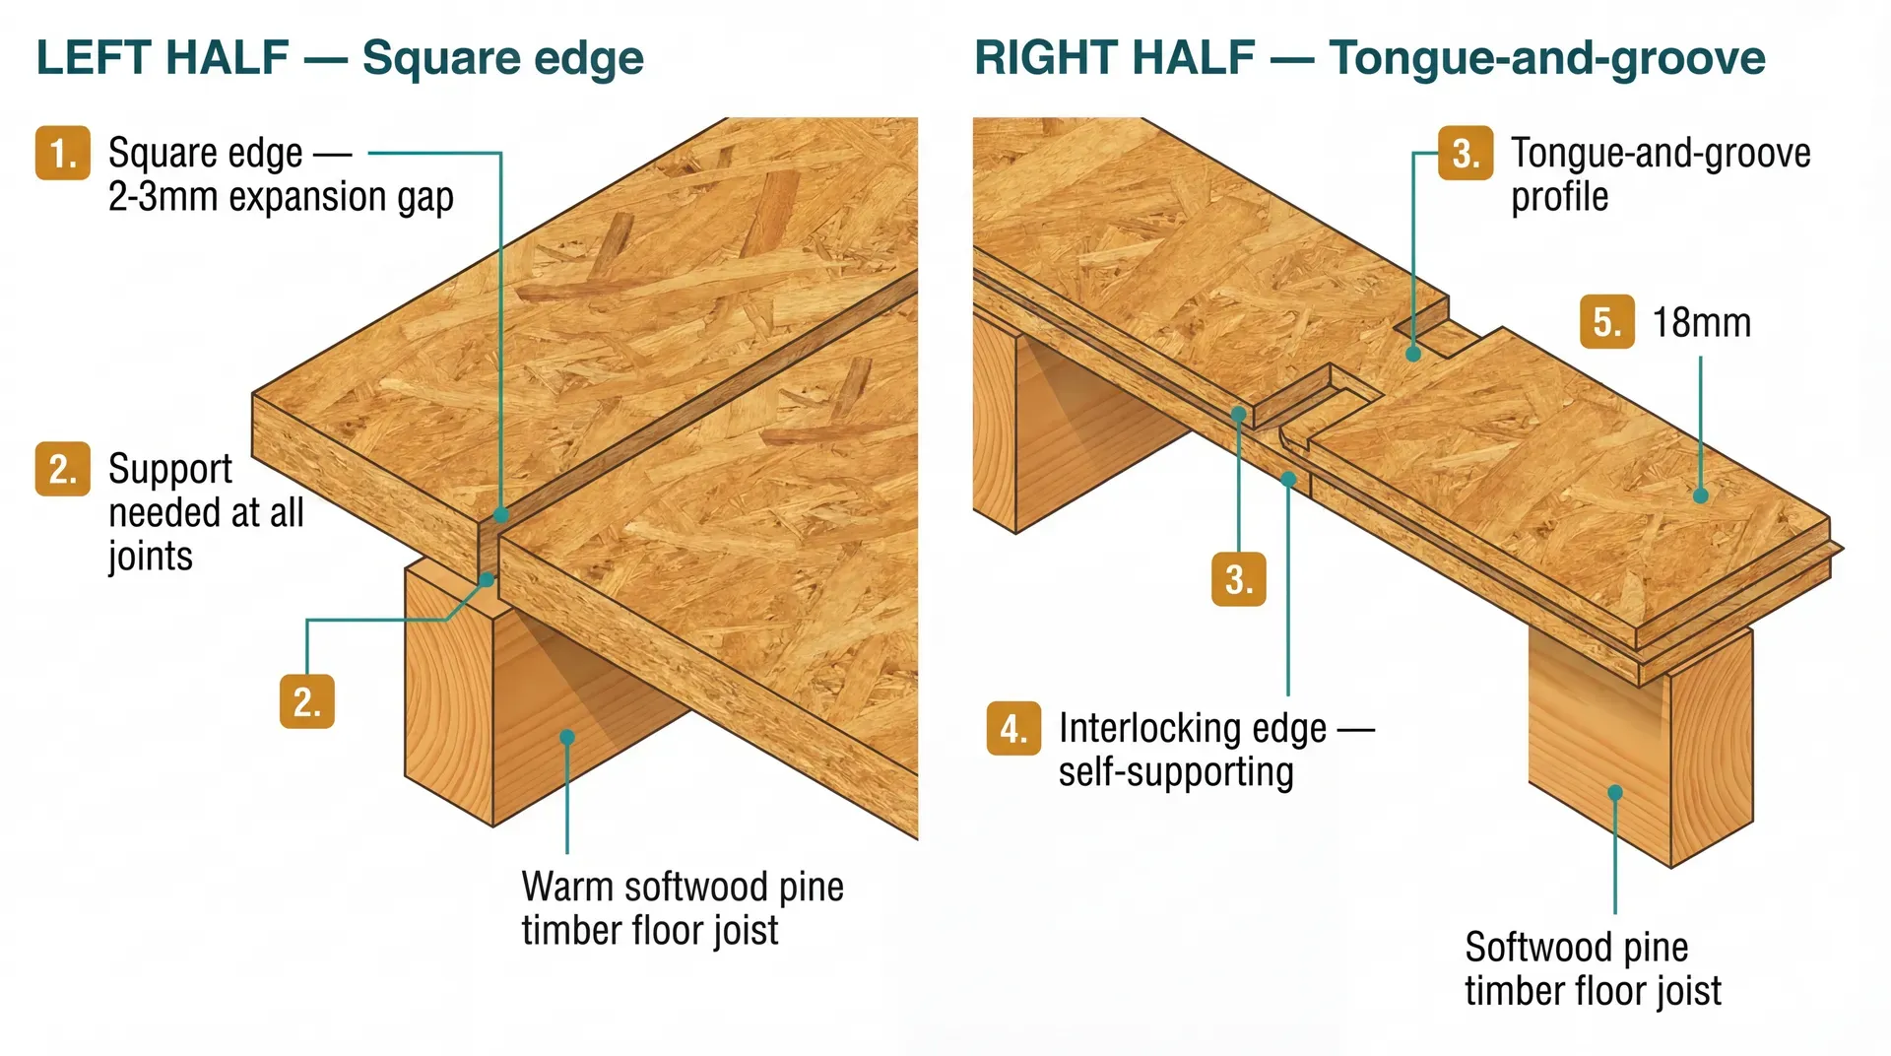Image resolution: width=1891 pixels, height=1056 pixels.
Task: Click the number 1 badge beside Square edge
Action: point(63,154)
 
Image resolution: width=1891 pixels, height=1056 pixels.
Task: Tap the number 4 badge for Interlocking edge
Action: point(1013,729)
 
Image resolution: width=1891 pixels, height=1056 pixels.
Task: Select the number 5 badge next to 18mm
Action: point(1606,322)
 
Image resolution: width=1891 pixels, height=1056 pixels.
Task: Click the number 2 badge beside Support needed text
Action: point(63,469)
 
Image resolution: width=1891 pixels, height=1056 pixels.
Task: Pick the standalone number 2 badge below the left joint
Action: point(307,701)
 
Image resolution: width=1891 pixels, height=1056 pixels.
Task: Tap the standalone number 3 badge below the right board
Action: point(1238,578)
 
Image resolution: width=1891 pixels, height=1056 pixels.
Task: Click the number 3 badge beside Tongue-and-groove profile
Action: point(1465,154)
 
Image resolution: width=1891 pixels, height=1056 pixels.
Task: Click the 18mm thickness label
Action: point(1701,323)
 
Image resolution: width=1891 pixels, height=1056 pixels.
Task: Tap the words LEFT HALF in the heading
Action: point(163,58)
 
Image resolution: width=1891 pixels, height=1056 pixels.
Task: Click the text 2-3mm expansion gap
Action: point(281,197)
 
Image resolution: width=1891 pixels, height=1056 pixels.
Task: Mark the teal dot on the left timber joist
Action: point(567,737)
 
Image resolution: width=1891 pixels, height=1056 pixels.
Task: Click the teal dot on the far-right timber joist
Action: point(1615,792)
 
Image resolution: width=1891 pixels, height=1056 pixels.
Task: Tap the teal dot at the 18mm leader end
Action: point(1700,495)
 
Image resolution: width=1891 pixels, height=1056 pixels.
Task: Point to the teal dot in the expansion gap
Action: point(501,514)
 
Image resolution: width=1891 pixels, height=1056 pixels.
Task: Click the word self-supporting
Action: point(1176,772)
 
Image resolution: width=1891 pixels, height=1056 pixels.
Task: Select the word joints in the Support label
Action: point(150,557)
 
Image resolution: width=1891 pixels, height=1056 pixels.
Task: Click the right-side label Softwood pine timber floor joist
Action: point(1593,968)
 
